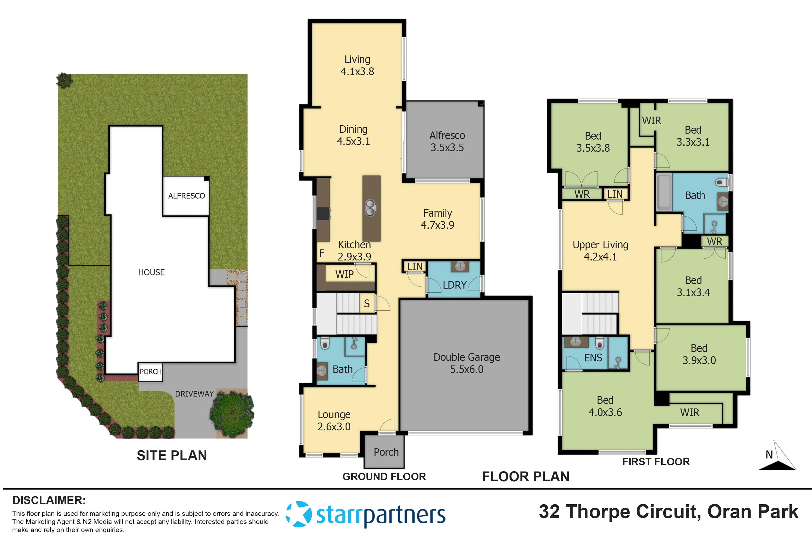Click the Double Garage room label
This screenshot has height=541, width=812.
[466, 363]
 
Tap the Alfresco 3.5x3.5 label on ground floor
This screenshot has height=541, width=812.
[447, 141]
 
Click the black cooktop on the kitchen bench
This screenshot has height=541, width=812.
[324, 213]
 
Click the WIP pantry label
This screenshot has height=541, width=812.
[344, 274]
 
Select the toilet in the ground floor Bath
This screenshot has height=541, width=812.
[325, 343]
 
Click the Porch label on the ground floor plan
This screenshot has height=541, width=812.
[386, 452]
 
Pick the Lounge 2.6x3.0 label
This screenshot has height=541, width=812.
[334, 420]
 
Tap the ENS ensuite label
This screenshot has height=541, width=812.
[593, 358]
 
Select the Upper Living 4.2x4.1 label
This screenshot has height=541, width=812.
[600, 251]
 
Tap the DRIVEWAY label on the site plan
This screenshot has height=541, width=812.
[194, 394]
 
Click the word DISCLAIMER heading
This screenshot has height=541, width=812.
[49, 500]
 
